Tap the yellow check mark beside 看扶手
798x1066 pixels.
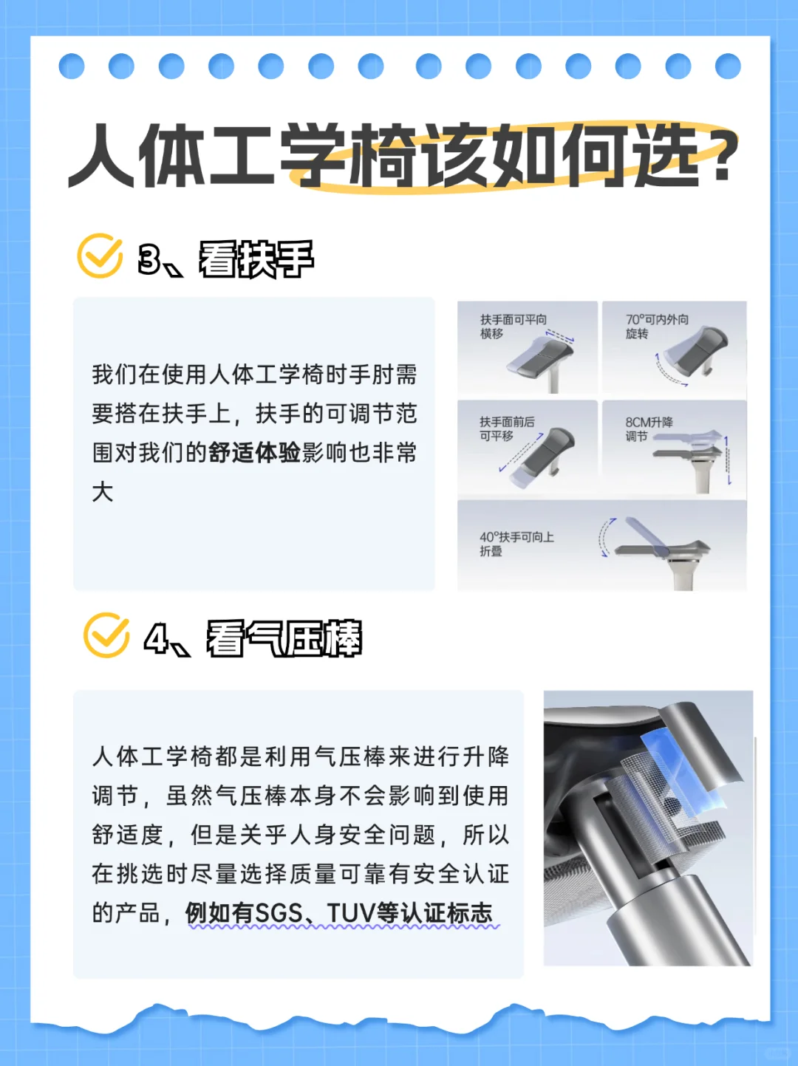(100, 256)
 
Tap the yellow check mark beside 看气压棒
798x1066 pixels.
(106, 635)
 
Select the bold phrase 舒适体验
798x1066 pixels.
(255, 454)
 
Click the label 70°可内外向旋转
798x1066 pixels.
(657, 327)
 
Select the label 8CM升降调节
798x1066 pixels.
(649, 428)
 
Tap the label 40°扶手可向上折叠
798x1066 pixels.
(516, 544)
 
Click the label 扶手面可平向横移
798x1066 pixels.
(514, 327)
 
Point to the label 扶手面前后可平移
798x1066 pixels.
(507, 428)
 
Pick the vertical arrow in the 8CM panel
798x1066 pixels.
(728, 460)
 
